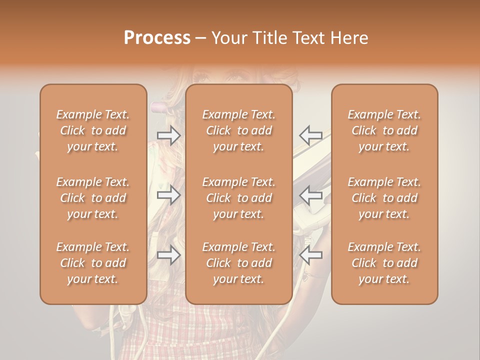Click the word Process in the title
pos(157,38)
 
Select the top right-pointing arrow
pos(168,135)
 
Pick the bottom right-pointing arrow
pos(168,255)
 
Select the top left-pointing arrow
pos(311,135)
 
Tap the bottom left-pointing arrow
pos(311,255)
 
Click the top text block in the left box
pos(93,130)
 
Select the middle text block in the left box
pos(93,198)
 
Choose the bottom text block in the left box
pos(93,263)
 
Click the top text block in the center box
pos(239,130)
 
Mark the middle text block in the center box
pos(239,198)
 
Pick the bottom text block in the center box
pos(239,263)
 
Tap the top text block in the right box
pos(384,130)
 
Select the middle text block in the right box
pos(384,198)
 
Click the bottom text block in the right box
pos(384,263)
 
